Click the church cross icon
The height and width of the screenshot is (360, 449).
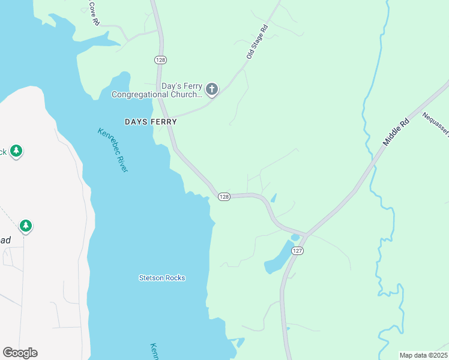point(211,89)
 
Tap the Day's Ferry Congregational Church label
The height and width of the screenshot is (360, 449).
point(157,90)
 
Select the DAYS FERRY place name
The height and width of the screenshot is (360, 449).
point(151,121)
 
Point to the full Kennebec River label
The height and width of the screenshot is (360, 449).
point(113,150)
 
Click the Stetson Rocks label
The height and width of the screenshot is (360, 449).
point(162,278)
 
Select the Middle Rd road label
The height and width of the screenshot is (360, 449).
point(396,133)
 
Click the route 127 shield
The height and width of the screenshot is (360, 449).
point(296,251)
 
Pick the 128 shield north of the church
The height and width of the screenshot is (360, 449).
point(160,60)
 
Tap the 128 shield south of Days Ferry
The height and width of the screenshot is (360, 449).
point(223,197)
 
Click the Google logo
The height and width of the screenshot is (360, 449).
point(20,352)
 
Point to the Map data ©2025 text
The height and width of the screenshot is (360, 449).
point(423,355)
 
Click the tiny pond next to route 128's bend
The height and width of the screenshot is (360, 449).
point(274,197)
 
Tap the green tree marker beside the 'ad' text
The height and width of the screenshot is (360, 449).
point(25,226)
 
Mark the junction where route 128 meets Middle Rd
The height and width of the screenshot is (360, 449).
point(307,233)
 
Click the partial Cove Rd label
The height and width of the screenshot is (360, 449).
point(93,12)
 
